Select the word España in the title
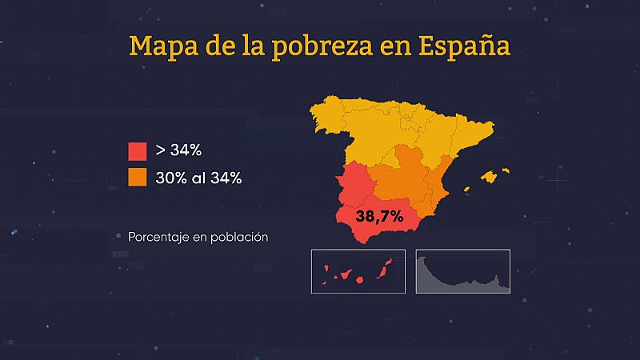point(464,46)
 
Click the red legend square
point(137,151)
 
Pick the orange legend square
point(137,178)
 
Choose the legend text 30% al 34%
point(198,178)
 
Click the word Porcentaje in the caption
point(158,238)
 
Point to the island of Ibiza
point(466,190)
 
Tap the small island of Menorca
point(504,170)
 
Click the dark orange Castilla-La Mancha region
point(400,180)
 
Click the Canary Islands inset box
point(358,271)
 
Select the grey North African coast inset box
point(462,271)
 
